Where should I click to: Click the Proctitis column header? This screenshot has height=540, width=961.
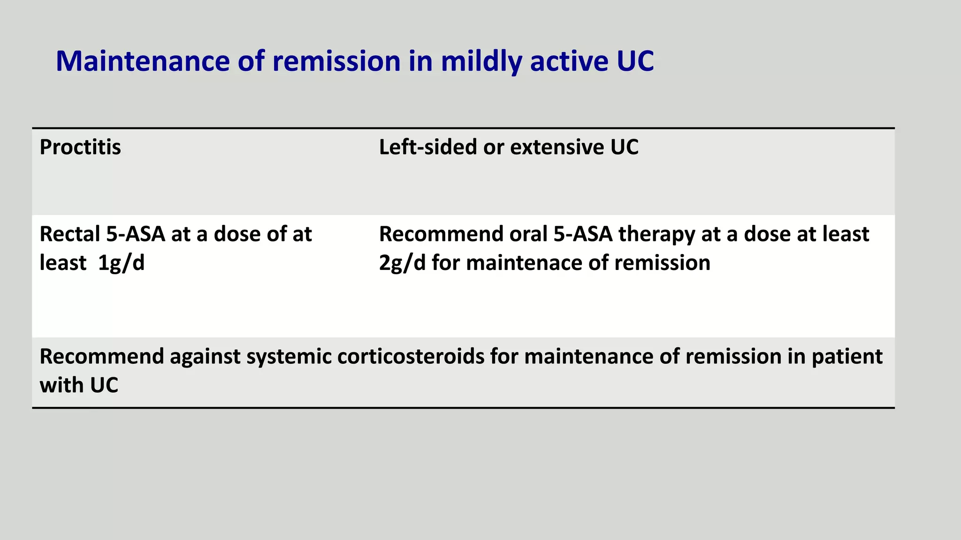tap(80, 148)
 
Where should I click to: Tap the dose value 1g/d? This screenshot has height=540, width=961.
tap(121, 263)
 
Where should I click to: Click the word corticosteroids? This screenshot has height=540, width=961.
tap(411, 357)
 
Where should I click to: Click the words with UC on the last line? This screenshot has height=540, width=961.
tap(79, 386)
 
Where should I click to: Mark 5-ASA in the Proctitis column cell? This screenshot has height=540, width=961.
tap(136, 234)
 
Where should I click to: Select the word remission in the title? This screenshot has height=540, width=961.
tap(336, 61)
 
